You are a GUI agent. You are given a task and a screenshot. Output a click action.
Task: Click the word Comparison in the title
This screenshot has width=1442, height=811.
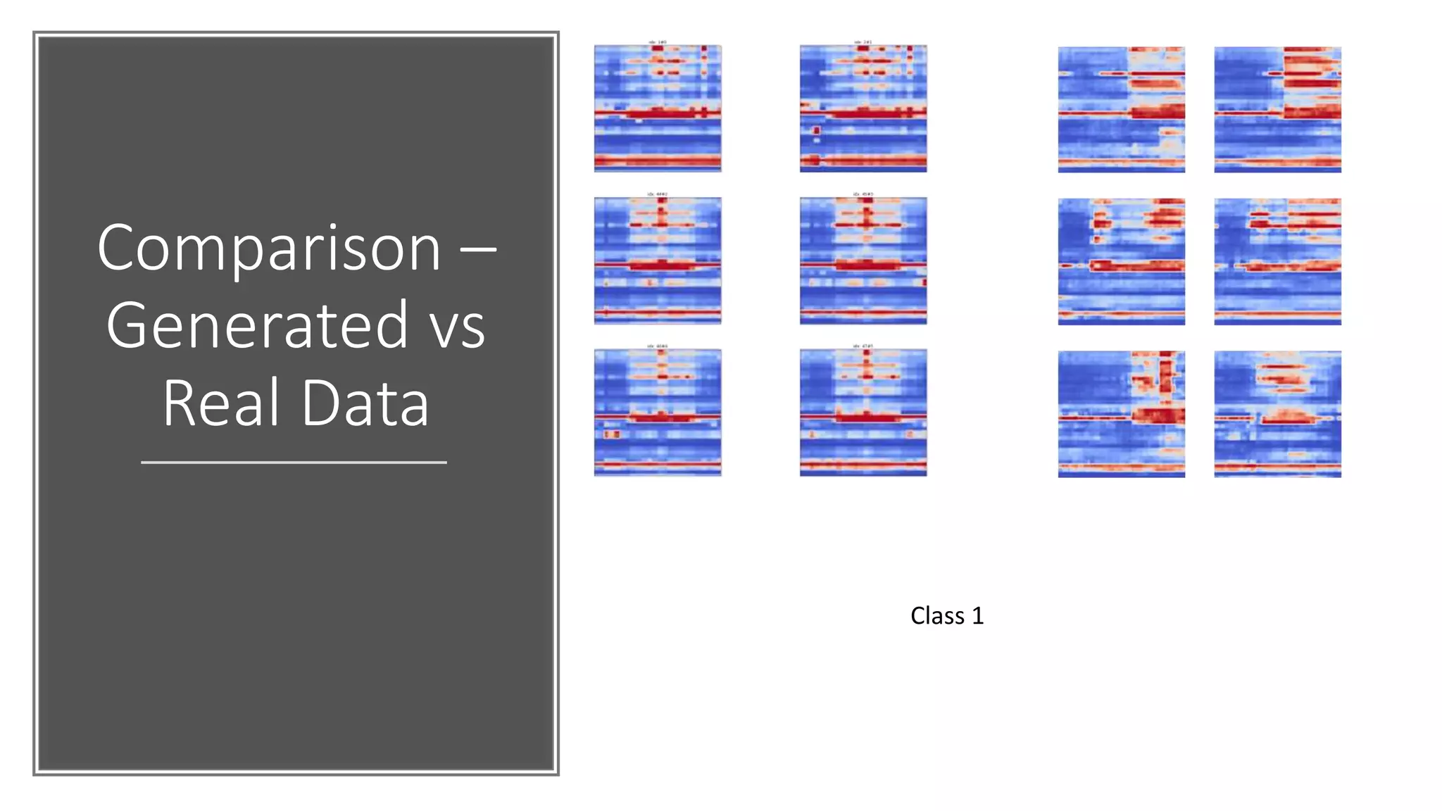click(x=269, y=249)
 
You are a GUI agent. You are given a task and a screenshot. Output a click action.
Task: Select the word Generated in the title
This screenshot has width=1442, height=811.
click(x=257, y=326)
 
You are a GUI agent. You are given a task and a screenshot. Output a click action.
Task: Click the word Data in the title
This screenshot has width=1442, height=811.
click(x=365, y=403)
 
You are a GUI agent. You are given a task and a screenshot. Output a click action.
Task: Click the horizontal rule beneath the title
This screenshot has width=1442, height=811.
click(x=294, y=463)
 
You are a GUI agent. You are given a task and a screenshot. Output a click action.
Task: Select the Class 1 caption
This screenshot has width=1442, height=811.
click(x=946, y=616)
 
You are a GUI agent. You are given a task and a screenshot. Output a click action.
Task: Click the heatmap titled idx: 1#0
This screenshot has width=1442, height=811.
click(x=658, y=108)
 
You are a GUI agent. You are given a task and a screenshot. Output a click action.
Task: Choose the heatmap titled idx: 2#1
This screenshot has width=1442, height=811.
click(x=863, y=108)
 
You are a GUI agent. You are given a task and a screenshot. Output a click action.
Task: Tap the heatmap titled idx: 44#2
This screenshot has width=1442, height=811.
click(x=658, y=260)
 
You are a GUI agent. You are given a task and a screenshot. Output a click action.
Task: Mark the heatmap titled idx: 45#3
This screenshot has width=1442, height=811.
click(x=863, y=260)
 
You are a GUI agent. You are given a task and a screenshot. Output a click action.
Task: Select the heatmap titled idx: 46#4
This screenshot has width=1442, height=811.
click(x=658, y=413)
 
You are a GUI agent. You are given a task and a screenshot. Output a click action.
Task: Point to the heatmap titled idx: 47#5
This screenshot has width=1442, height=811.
click(x=863, y=413)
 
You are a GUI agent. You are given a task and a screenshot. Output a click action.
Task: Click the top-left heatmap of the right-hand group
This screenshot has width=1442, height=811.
click(x=1121, y=110)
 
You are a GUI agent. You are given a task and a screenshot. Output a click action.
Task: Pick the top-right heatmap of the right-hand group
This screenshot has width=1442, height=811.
click(x=1277, y=110)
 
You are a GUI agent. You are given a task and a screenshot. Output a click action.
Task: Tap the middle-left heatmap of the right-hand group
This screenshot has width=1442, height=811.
click(x=1121, y=262)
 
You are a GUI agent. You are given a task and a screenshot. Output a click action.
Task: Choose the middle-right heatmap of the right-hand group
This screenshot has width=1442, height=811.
click(x=1277, y=262)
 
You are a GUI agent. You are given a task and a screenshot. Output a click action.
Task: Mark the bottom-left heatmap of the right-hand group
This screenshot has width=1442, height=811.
click(x=1121, y=414)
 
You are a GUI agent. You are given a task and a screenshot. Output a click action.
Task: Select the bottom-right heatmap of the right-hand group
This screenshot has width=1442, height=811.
click(x=1277, y=414)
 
